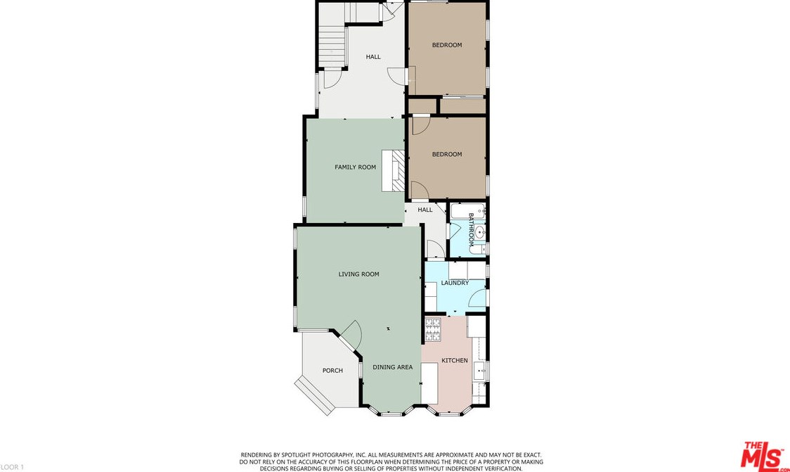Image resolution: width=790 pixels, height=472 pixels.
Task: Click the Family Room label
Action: pyautogui.click(x=355, y=167)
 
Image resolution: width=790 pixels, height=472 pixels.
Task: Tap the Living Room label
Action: pyautogui.click(x=358, y=274)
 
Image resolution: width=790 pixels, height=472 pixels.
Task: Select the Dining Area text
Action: pyautogui.click(x=392, y=367)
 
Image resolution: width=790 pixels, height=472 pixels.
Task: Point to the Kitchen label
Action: pyautogui.click(x=455, y=360)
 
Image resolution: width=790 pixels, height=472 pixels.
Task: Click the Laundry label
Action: pyautogui.click(x=455, y=283)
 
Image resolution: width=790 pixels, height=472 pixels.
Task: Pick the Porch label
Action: pyautogui.click(x=332, y=370)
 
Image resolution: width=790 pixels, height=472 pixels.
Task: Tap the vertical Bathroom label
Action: pyautogui.click(x=472, y=229)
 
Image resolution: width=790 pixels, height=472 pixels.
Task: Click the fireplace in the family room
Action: pyautogui.click(x=393, y=170)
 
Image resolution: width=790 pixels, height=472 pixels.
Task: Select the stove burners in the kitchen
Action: pyautogui.click(x=433, y=330)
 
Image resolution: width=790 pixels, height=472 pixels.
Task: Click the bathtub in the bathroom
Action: pyautogui.click(x=467, y=211)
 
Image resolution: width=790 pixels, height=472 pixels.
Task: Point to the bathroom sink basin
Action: pyautogui.click(x=479, y=232)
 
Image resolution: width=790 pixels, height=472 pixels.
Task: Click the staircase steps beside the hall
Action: pyautogui.click(x=332, y=46)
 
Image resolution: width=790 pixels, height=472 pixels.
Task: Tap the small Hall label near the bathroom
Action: pyautogui.click(x=425, y=210)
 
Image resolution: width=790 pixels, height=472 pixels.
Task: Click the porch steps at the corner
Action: pyautogui.click(x=315, y=396)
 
